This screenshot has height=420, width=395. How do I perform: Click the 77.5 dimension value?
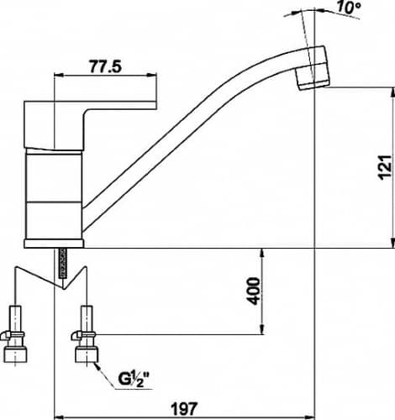106,66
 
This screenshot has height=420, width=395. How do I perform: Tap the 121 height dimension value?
385,166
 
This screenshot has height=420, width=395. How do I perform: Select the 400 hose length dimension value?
254,291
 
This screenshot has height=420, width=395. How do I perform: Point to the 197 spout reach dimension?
185,409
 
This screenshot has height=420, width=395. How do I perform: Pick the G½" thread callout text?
133,379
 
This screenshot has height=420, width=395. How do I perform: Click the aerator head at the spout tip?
313,69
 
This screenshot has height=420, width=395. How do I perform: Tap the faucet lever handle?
90,124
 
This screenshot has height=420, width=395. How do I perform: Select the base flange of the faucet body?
54,244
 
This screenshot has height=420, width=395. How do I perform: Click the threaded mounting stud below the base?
63,263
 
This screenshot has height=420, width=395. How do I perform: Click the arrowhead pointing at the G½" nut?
98,366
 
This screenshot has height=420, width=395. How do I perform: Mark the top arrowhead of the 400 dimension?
262,253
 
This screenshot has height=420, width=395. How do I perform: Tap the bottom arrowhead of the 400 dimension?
262,329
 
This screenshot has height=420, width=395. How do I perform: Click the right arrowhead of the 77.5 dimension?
152,75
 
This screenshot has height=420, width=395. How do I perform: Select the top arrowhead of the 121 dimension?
392,92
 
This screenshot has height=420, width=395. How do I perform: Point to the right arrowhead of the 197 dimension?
310,417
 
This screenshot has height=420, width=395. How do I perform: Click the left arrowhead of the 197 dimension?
59,417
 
